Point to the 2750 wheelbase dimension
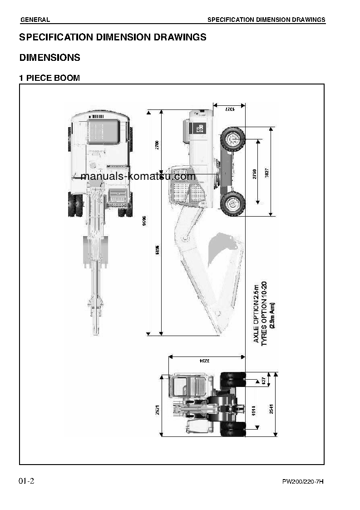pyautogui.click(x=254, y=174)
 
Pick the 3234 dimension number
pyautogui.click(x=206, y=361)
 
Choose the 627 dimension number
pyautogui.click(x=263, y=380)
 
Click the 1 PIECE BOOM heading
pyautogui.click(x=49, y=78)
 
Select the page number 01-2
pyautogui.click(x=26, y=481)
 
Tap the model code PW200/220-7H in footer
pyautogui.click(x=303, y=481)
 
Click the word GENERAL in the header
pyautogui.click(x=35, y=20)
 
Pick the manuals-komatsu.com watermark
pyautogui.click(x=138, y=176)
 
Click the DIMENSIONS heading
pyautogui.click(x=49, y=58)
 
